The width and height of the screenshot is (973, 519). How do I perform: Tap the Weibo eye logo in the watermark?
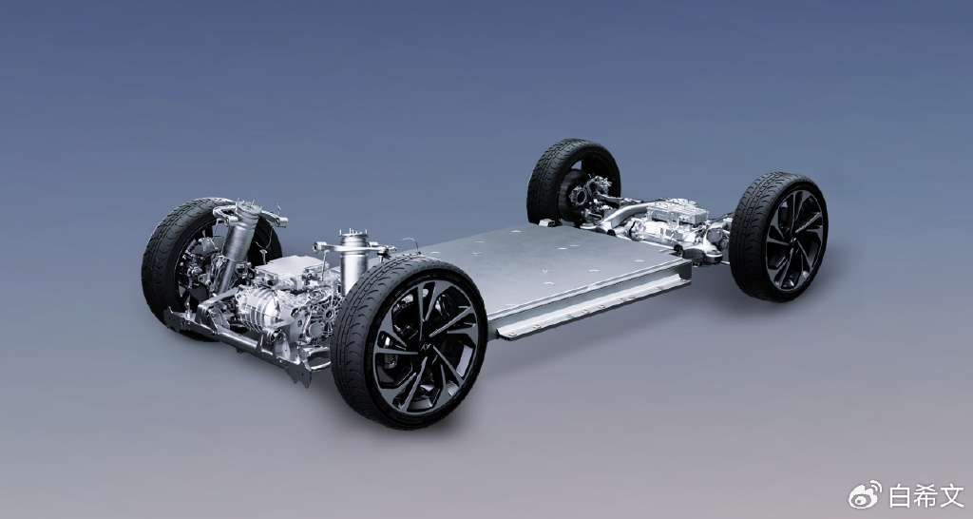pos(865,495)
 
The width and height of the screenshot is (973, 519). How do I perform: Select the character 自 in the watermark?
pos(899,496)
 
